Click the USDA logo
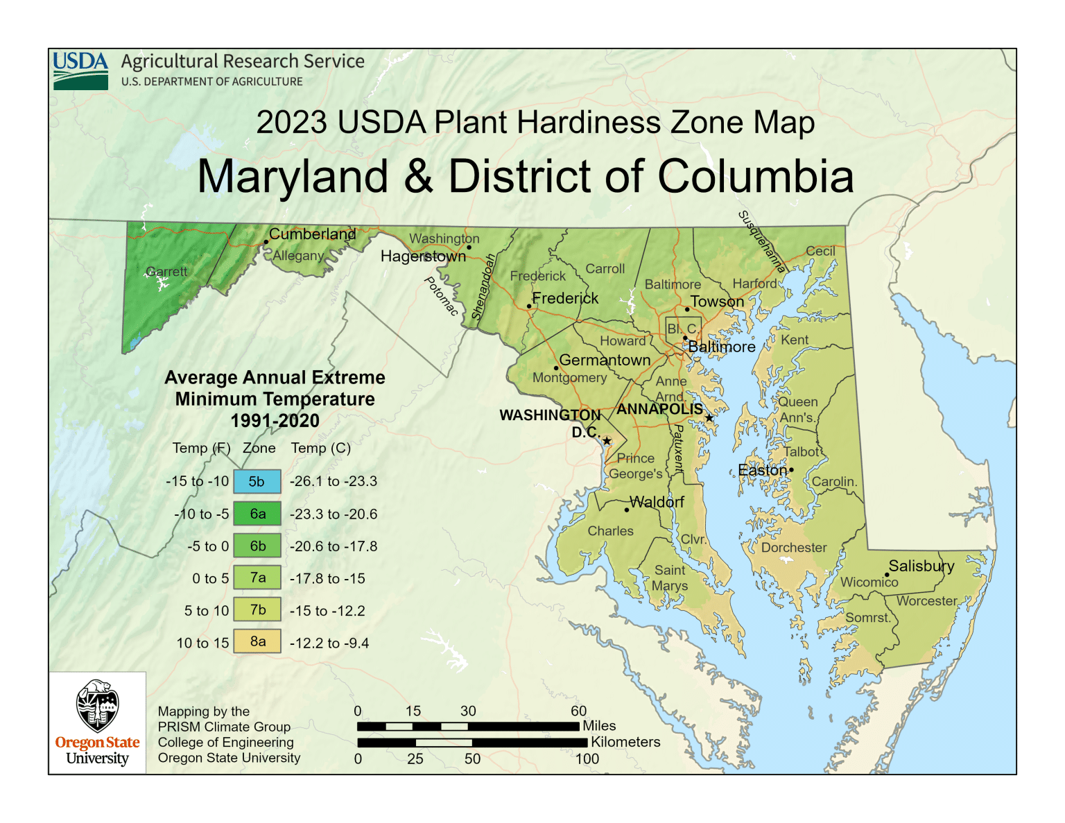(x=80, y=71)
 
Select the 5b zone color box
(x=257, y=481)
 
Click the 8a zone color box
(x=257, y=641)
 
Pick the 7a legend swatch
(x=257, y=578)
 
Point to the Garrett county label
(x=166, y=271)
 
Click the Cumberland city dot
(x=266, y=243)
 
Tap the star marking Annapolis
(x=709, y=418)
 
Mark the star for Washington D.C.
(x=607, y=441)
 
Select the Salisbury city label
(x=921, y=566)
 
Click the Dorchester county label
(x=794, y=547)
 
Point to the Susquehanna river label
(x=762, y=241)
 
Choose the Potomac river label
(x=441, y=296)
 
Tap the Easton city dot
(x=791, y=470)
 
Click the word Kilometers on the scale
(x=625, y=742)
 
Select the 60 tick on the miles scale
(x=578, y=711)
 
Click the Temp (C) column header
(x=321, y=448)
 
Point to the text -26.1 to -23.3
(x=334, y=481)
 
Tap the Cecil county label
(x=820, y=251)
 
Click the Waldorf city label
(x=657, y=501)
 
